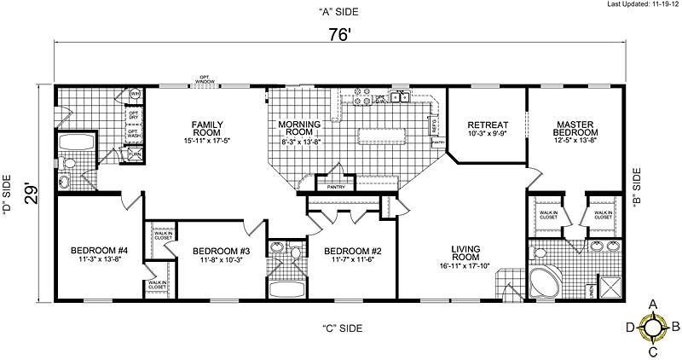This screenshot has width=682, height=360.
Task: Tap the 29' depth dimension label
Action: (x=31, y=192)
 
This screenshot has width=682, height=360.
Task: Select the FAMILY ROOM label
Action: (x=207, y=129)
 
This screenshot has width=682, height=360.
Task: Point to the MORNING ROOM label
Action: (x=300, y=129)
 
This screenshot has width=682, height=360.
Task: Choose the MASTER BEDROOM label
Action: (x=575, y=128)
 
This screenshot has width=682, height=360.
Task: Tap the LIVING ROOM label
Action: (x=465, y=252)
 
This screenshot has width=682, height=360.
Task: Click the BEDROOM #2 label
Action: (x=351, y=250)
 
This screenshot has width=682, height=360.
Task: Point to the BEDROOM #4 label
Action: (x=98, y=250)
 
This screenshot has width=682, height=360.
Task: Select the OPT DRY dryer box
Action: (x=134, y=113)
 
